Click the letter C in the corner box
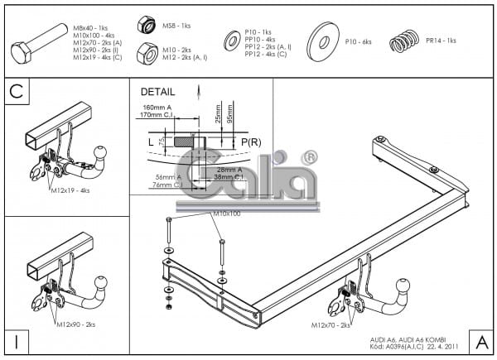16,92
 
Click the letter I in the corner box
16,340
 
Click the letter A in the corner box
480,340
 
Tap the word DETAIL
158,92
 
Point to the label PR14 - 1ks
441,41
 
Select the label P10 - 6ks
359,41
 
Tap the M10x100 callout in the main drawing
224,214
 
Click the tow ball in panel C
101,153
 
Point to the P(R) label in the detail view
251,142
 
